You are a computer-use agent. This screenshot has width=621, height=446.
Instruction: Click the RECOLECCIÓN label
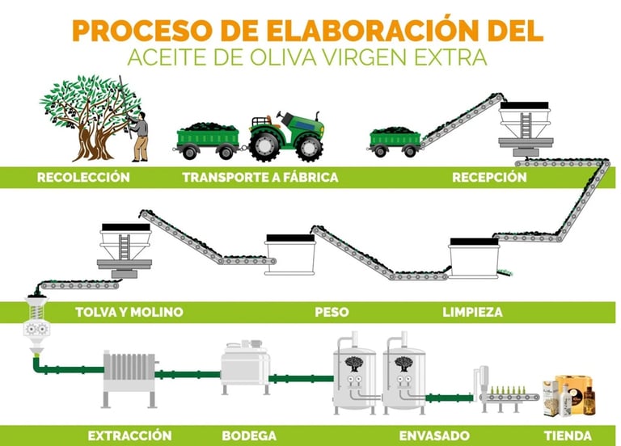tap(83, 177)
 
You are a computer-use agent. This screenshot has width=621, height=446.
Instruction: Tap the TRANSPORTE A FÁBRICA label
tap(260, 177)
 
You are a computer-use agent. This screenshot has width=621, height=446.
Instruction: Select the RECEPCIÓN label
tap(489, 177)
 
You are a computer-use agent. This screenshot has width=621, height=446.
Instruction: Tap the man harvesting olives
tap(140, 133)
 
